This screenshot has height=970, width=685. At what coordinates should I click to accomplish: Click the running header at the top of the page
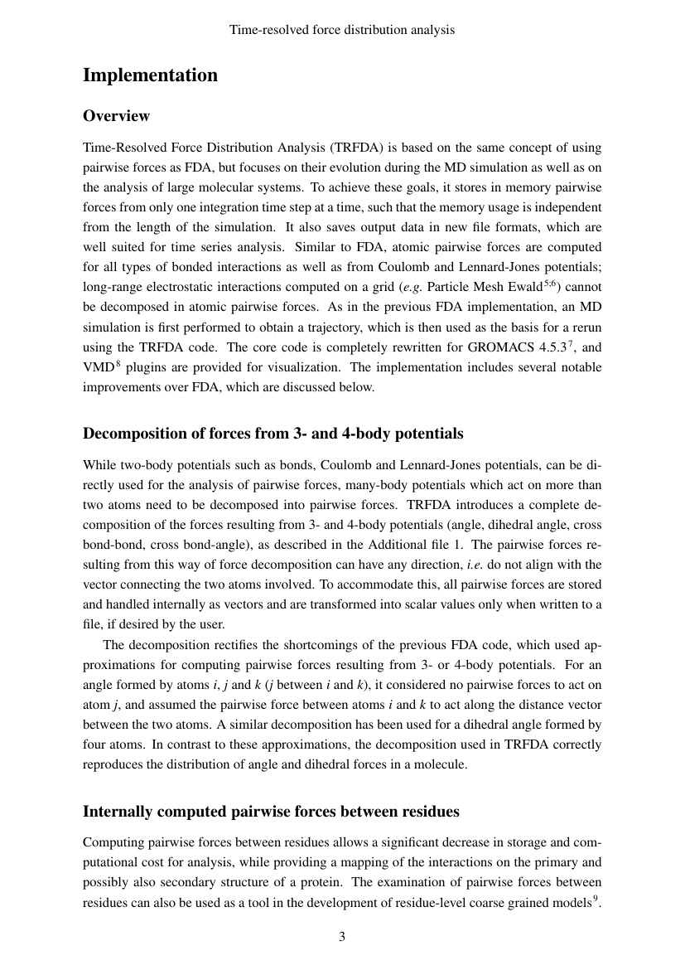point(342,30)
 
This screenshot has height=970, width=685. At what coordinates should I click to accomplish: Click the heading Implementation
point(150,75)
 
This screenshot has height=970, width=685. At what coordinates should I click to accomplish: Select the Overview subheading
point(116,115)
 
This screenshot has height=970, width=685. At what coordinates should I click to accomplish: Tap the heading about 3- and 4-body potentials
point(273,434)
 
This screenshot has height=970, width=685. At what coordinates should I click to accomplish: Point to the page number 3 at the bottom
point(342,937)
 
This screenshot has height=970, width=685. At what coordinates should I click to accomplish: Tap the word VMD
point(97,366)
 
